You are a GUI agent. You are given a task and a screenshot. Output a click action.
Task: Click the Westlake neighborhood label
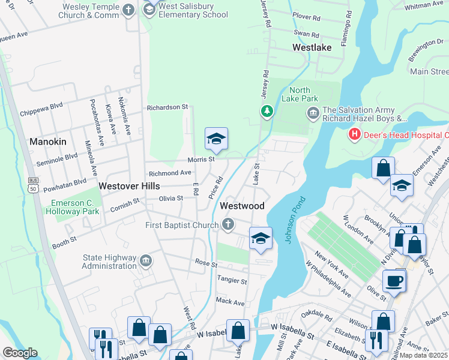pos(312,47)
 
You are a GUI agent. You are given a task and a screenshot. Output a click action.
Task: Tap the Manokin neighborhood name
pos(47,142)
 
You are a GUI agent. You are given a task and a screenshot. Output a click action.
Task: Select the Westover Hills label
pos(129,186)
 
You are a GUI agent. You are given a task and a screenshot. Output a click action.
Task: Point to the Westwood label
pos(242,206)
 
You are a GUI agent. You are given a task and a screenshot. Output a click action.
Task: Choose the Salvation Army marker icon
pos(313,113)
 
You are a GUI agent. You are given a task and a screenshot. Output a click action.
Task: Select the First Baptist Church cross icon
pos(227,225)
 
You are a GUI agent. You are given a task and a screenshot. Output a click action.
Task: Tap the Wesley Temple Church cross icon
pos(128,10)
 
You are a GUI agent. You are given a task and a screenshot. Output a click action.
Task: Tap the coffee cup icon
pos(394,281)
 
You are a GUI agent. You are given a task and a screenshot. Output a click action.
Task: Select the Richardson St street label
pos(167,107)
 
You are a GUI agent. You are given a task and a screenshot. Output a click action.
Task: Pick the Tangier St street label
pos(231,281)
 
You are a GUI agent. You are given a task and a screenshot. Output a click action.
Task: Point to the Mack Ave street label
pos(230,301)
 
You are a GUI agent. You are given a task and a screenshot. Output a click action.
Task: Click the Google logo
pos(20,352)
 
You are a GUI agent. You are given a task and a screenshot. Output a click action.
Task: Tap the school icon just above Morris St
pos(216,139)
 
